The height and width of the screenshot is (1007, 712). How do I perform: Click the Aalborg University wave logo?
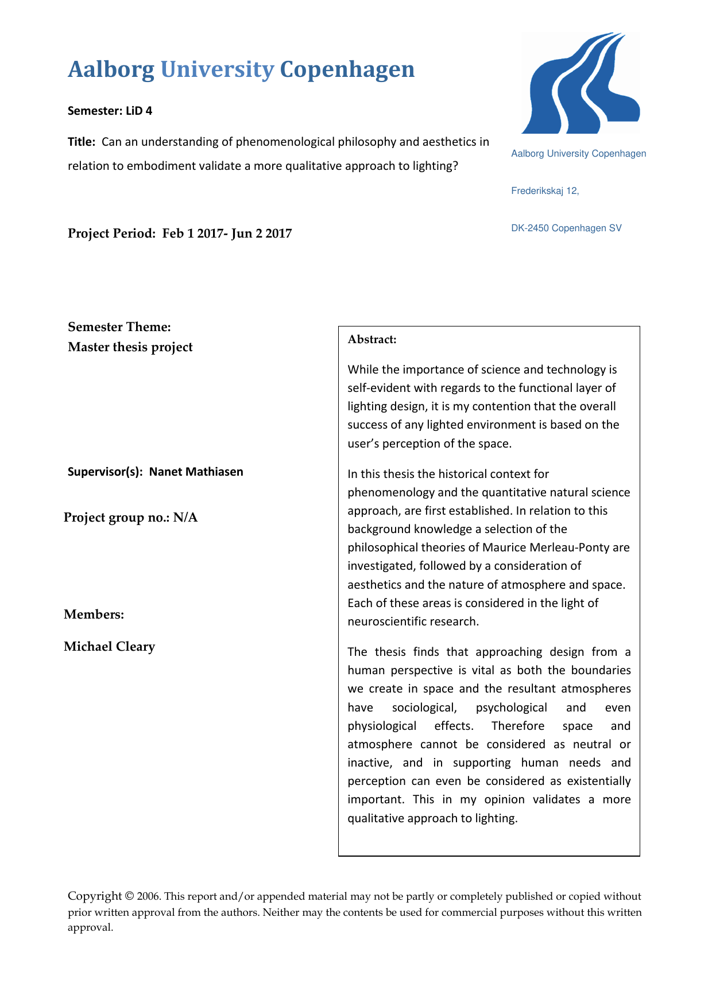point(581,84)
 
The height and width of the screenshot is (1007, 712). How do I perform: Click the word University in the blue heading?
point(217,69)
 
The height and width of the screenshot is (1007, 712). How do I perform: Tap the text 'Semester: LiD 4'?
point(110,111)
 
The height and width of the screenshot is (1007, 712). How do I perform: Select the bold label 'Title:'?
point(81,142)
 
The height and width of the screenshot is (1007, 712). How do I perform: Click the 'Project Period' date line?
point(180,233)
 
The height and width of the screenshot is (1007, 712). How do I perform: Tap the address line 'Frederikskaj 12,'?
point(545,191)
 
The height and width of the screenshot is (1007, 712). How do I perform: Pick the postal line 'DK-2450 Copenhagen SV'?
point(566,228)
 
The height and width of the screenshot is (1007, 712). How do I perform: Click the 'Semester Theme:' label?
point(119,327)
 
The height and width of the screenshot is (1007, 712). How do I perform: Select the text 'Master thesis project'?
point(130,347)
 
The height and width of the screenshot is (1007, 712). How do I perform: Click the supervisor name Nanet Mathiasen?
point(196,472)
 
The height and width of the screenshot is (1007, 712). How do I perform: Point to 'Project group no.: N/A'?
point(130,518)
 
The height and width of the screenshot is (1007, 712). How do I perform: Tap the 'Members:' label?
point(94,615)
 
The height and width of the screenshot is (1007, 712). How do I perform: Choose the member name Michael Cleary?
point(110,647)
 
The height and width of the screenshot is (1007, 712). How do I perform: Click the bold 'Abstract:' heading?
point(372,339)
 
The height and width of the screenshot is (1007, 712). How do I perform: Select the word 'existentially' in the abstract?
point(598,782)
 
